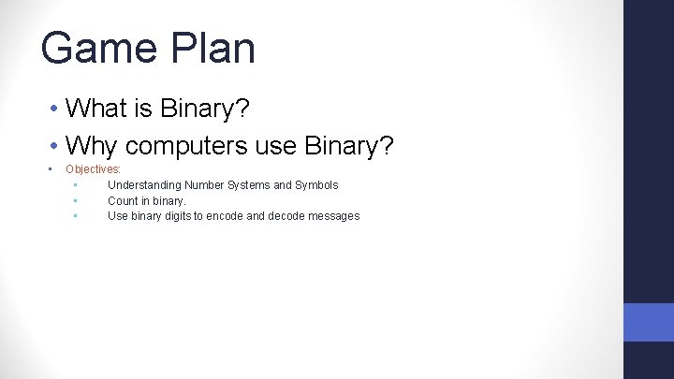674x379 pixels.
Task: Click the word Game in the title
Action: click(x=99, y=48)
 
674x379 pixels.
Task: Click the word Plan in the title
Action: click(x=212, y=48)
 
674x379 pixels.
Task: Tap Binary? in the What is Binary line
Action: click(x=205, y=108)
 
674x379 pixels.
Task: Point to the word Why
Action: click(x=91, y=146)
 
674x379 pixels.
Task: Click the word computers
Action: click(x=186, y=146)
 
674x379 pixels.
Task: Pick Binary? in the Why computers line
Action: click(x=348, y=146)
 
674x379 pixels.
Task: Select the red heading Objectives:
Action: click(x=93, y=169)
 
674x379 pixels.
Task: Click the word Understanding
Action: click(x=144, y=185)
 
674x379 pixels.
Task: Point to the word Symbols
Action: click(x=316, y=185)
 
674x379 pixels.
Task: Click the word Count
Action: click(x=123, y=200)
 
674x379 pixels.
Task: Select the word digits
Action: click(x=178, y=216)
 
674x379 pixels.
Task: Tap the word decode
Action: click(x=286, y=216)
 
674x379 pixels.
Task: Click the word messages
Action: click(x=334, y=216)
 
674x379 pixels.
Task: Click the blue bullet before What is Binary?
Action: click(x=53, y=108)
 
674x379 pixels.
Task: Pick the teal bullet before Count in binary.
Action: click(x=76, y=200)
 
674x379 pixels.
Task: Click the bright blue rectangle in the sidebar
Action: click(x=649, y=322)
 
